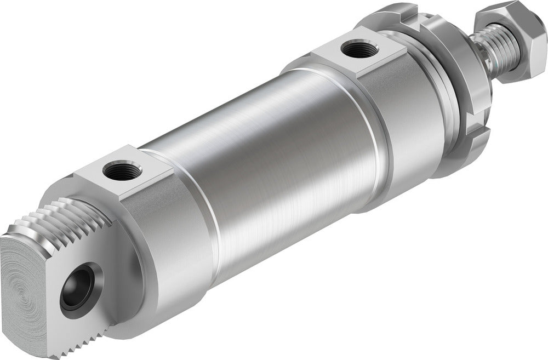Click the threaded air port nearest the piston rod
[359, 50]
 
